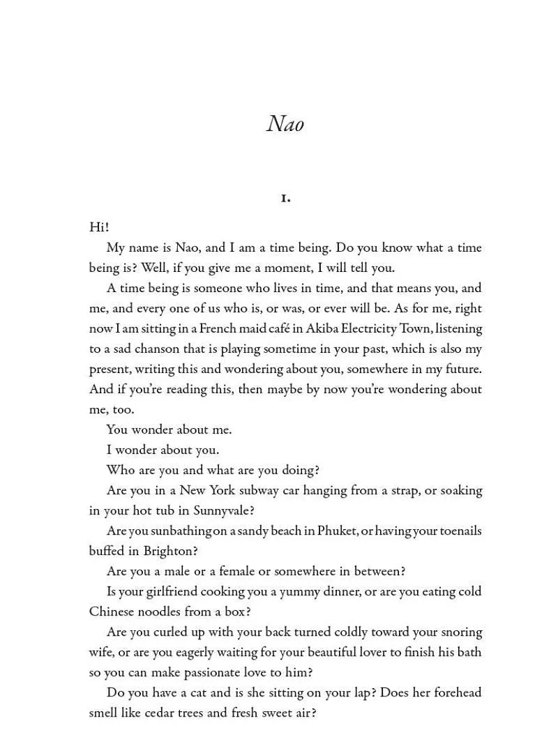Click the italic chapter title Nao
coord(285,124)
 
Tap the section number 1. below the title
coord(285,199)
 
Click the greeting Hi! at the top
coord(99,227)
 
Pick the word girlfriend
coord(172,592)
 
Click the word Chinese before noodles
coord(114,612)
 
